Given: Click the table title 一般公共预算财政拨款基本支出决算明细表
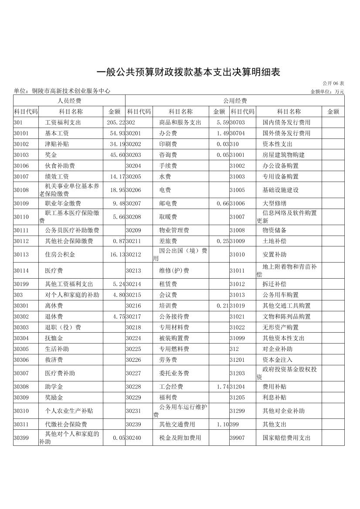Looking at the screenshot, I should tap(187, 72).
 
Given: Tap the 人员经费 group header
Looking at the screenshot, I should tap(69, 101).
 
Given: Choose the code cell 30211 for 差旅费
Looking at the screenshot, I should tap(134, 241).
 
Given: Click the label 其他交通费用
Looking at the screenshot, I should tap(177, 425).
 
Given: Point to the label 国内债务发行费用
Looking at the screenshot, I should tap(286, 123).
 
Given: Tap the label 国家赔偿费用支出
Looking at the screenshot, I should tap(286, 438).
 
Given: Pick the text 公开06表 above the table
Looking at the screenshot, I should tap(333, 83).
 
